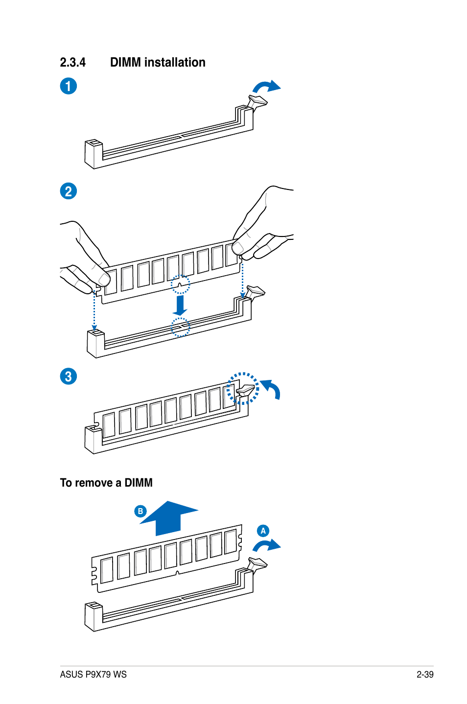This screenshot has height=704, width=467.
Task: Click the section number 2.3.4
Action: (x=72, y=63)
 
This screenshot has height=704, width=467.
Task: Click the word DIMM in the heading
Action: (x=125, y=63)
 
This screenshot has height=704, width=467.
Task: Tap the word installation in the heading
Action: (x=175, y=63)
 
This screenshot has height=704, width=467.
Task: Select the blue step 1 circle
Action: (x=69, y=86)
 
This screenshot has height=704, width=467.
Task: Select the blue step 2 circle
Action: (x=69, y=191)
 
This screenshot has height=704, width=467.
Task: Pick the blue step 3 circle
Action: (x=69, y=376)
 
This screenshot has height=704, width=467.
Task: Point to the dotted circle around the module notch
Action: (x=180, y=284)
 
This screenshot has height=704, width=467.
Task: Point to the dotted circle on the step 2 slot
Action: (x=180, y=328)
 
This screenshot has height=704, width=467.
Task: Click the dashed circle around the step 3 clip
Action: (x=243, y=389)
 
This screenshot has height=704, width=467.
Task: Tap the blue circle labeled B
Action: (x=140, y=511)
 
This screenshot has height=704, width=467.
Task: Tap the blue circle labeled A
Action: (x=263, y=531)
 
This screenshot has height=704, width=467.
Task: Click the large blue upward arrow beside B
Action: (x=168, y=518)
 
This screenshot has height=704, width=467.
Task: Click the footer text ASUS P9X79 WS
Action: (x=93, y=675)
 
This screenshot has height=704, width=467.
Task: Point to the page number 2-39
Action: (x=425, y=675)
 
